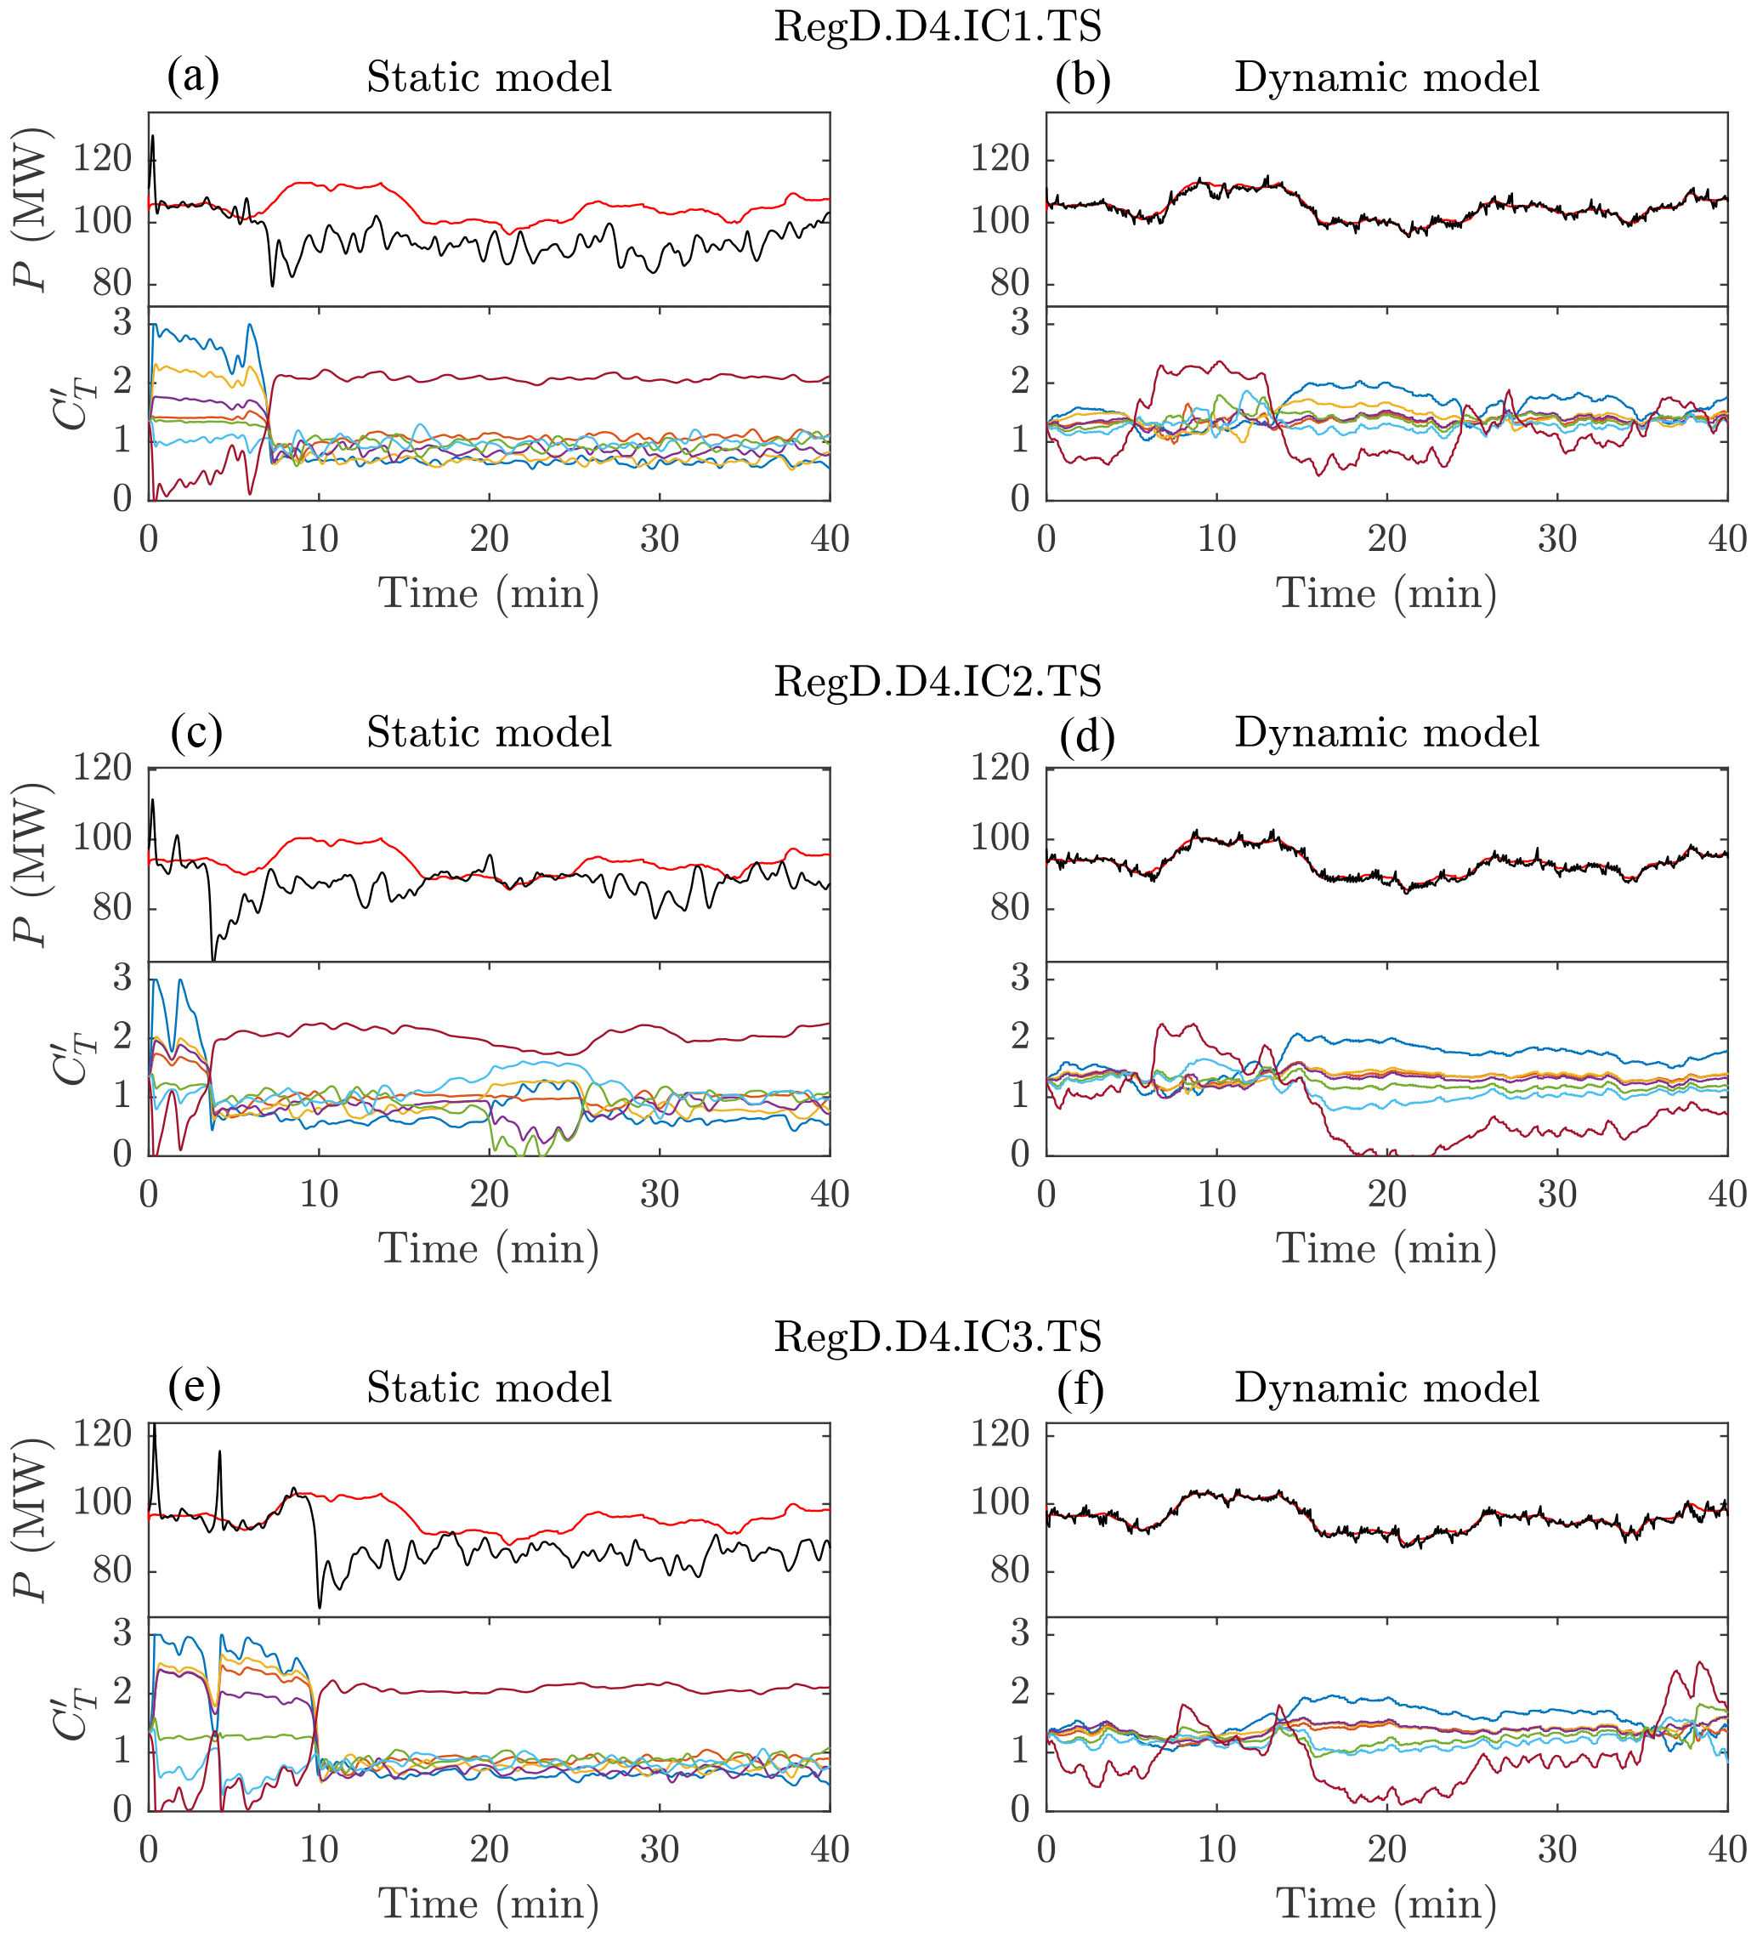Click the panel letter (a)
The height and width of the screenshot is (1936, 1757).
(193, 76)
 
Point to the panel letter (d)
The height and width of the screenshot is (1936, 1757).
(1087, 735)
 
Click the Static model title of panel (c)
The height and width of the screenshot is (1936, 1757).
(489, 733)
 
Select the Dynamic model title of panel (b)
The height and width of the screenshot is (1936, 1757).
(1386, 77)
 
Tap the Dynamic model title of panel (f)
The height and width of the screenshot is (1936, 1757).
(1386, 1388)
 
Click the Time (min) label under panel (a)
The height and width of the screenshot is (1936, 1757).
(489, 593)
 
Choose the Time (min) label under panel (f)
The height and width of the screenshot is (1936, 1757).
(1386, 1905)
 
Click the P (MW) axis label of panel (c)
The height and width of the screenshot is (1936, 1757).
(32, 865)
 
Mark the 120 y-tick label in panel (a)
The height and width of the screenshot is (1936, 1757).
(103, 159)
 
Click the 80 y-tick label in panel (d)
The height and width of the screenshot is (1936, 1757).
(1010, 907)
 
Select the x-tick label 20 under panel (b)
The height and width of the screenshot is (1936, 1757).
(1386, 540)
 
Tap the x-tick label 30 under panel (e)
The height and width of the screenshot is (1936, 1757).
(660, 1849)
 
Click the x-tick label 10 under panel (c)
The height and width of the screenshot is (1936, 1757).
(319, 1195)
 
